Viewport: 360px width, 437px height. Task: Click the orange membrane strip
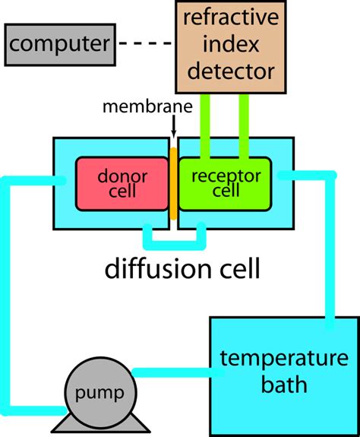click(x=173, y=183)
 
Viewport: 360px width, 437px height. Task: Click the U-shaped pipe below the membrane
click(x=175, y=242)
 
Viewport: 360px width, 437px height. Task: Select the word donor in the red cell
click(x=122, y=176)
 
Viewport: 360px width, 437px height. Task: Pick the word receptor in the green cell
click(x=225, y=176)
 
